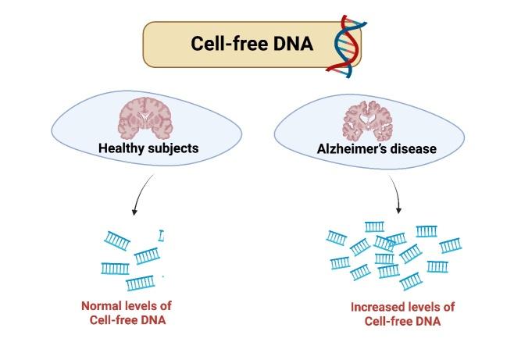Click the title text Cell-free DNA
(x=252, y=44)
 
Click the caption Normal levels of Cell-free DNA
(x=127, y=313)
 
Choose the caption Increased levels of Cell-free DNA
(x=402, y=314)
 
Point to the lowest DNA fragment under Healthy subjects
(x=141, y=283)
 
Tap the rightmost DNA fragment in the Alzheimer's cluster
(x=451, y=246)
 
